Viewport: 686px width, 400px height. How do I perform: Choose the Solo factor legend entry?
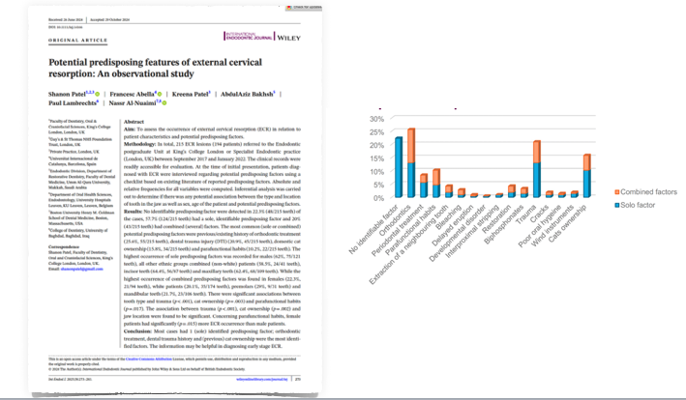point(639,206)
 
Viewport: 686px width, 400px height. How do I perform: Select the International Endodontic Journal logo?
point(246,37)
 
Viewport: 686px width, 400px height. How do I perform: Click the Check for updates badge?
point(297,8)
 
